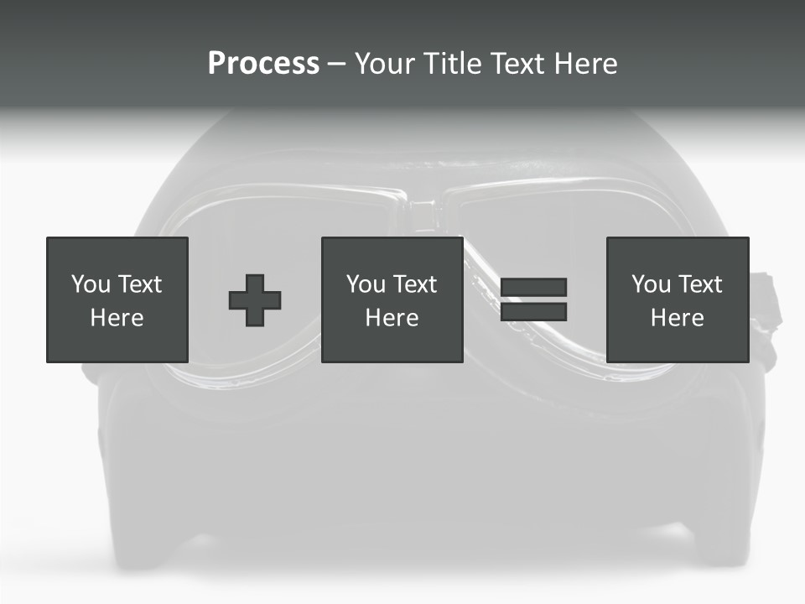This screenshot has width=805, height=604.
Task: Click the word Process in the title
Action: coord(263,64)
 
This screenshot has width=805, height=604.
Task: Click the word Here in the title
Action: coord(586,64)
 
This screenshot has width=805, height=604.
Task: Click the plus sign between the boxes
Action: coord(255,300)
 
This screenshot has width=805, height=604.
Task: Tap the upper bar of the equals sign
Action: coord(533,287)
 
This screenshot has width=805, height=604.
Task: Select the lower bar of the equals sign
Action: coord(533,312)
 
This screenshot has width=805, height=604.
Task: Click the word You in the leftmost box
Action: coord(91,284)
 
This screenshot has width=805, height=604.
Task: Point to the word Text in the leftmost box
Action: coord(138,284)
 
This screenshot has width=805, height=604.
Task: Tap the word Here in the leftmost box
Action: coord(117,318)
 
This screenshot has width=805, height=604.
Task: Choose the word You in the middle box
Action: coord(366,284)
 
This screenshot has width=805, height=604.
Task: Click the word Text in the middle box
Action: coord(413,284)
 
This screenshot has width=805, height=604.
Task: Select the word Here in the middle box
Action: coord(392,318)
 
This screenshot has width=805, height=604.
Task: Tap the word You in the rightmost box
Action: coord(651,284)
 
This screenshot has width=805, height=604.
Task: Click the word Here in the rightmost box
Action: coord(677,318)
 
